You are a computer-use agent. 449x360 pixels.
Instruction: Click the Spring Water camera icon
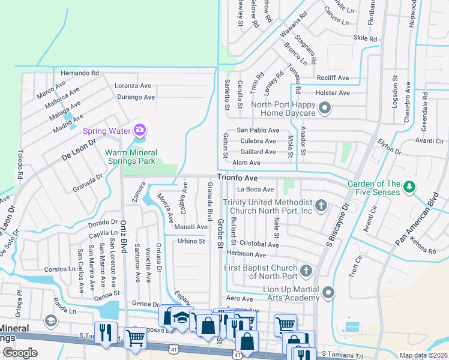pyautogui.click(x=140, y=130)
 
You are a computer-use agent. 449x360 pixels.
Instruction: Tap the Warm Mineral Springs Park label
pyautogui.click(x=130, y=157)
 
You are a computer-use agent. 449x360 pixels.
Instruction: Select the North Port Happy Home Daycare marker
pyautogui.click(x=325, y=109)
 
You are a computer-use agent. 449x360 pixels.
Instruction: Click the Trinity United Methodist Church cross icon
pyautogui.click(x=321, y=206)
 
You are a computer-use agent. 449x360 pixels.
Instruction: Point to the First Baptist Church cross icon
pyautogui.click(x=306, y=271)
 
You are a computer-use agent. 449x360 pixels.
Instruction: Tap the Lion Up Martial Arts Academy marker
pyautogui.click(x=328, y=293)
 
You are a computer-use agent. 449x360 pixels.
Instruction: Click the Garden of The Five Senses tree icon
pyautogui.click(x=410, y=187)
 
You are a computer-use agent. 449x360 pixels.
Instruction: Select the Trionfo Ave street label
pyautogui.click(x=237, y=178)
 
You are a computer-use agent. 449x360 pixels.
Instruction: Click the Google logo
pyautogui.click(x=20, y=352)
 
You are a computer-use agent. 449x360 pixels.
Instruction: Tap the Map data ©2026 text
pyautogui.click(x=423, y=355)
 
